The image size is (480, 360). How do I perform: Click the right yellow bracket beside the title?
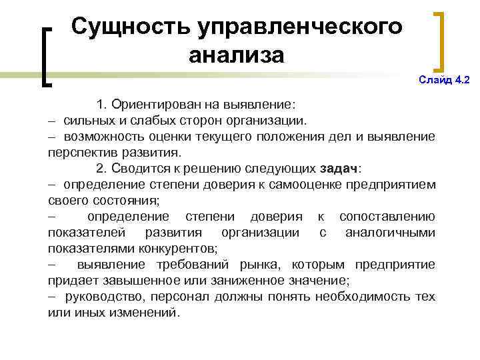tap(440, 40)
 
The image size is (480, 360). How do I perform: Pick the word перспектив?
tap(80, 151)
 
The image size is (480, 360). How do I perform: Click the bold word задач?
tap(339, 167)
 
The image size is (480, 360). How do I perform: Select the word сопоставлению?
tap(387, 217)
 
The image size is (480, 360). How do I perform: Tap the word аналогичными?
tap(391, 233)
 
